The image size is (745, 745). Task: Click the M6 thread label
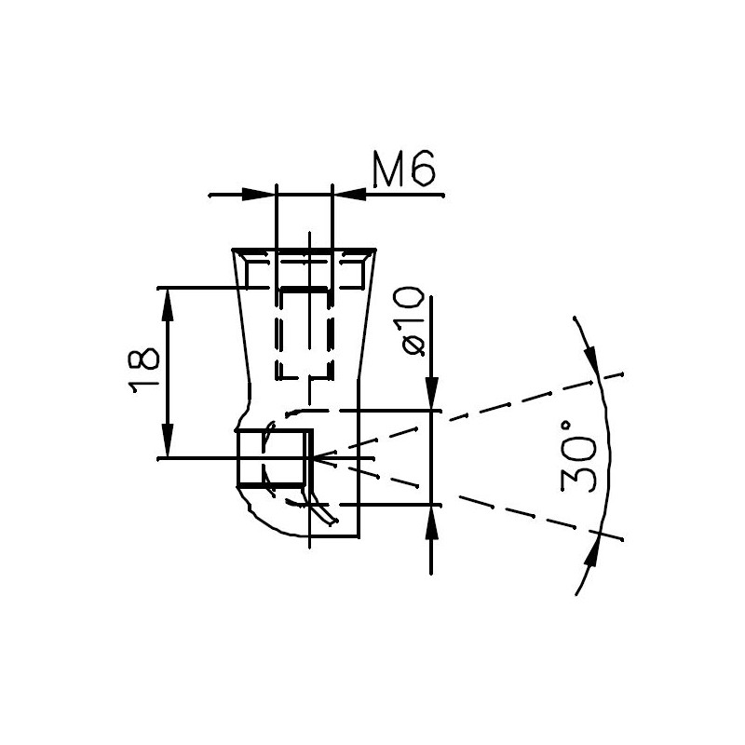tap(404, 169)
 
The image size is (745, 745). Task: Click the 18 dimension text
tap(144, 370)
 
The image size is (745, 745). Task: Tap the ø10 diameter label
tap(413, 320)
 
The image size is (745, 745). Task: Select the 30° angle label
tap(578, 456)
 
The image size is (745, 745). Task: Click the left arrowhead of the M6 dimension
tap(259, 195)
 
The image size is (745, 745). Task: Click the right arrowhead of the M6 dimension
tap(349, 195)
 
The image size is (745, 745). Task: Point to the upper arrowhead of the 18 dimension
tap(167, 305)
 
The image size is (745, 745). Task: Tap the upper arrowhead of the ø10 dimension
tap(431, 392)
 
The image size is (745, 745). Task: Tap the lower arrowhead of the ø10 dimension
tap(431, 521)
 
